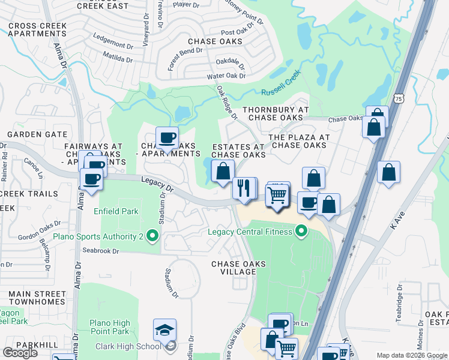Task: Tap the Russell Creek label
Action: [280, 85]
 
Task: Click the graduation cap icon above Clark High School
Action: [164, 329]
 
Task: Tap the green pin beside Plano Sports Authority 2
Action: [152, 237]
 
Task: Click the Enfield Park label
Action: [116, 211]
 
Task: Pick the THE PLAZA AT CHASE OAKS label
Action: [300, 141]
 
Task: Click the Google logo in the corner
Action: [20, 353]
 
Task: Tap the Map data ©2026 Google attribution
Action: [411, 355]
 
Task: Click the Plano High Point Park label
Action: [109, 327]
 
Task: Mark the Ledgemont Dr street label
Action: [113, 46]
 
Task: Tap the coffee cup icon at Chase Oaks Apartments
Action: [167, 137]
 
